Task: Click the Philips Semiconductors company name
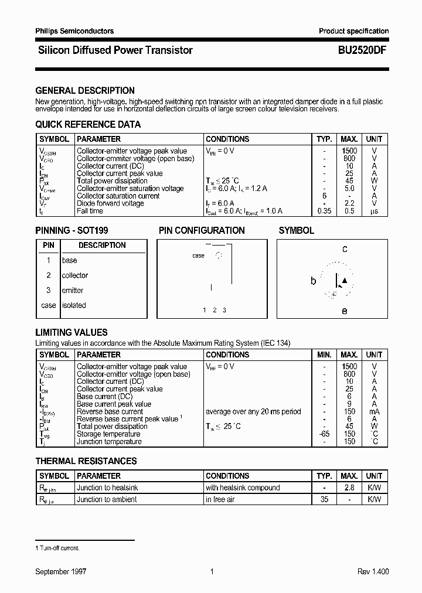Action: tap(74, 31)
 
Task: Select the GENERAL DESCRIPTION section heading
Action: tap(85, 91)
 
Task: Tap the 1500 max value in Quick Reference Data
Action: tap(349, 151)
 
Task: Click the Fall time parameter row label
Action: tap(90, 211)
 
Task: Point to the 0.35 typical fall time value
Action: tap(323, 211)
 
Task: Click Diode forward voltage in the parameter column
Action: tap(110, 203)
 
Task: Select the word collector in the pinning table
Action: tap(75, 275)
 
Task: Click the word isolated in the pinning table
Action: tap(74, 305)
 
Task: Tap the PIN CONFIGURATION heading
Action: tap(202, 230)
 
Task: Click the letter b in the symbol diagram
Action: tap(313, 281)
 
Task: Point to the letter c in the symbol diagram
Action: tap(345, 249)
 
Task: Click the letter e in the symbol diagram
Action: tap(345, 311)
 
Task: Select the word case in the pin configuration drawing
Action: tap(198, 255)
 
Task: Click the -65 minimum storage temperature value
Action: tap(324, 434)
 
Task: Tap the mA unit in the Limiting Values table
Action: tap(374, 411)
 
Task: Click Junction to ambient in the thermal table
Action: tap(107, 499)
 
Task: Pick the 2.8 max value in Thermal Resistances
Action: tap(349, 488)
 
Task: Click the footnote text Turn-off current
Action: tap(59, 548)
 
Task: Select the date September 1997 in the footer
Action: tap(61, 571)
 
